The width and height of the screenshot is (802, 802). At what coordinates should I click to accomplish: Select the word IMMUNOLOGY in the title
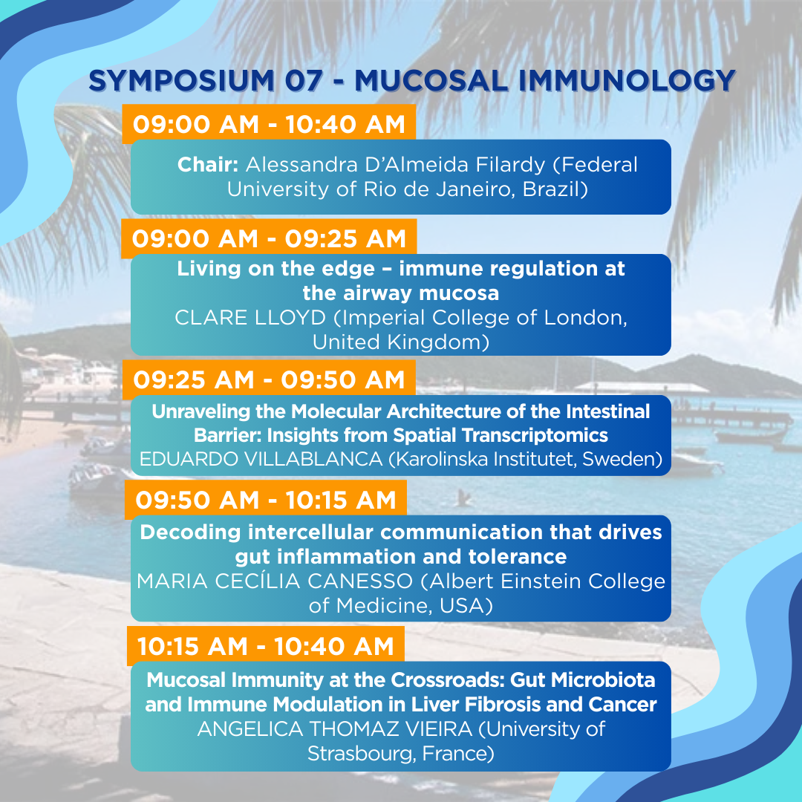pos(627,81)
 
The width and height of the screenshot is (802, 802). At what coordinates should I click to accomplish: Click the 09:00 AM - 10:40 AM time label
pos(269,124)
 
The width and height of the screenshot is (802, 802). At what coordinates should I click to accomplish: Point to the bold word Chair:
pos(208,165)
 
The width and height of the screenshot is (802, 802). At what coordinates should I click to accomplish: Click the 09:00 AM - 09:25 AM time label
pos(269,239)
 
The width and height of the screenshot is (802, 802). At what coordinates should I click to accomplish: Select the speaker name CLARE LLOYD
pos(250,318)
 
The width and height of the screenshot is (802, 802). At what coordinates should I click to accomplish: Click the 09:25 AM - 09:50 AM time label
pos(269,379)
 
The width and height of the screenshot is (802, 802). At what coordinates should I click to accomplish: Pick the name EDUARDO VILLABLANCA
pos(261,459)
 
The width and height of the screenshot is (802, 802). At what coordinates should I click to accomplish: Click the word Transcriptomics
pos(535,435)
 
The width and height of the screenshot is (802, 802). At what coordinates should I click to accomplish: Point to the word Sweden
pos(620,459)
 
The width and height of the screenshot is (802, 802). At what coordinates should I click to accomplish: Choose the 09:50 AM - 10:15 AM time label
pos(266,500)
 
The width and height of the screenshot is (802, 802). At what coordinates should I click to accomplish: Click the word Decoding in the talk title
pos(190,533)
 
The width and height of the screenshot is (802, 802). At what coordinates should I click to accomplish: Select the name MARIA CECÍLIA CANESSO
pos(275,581)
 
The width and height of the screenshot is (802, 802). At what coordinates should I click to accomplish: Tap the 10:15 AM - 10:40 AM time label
pos(265,646)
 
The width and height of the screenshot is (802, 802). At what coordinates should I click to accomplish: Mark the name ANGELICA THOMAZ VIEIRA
pos(335,729)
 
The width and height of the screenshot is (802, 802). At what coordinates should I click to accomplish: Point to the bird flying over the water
pos(463,497)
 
